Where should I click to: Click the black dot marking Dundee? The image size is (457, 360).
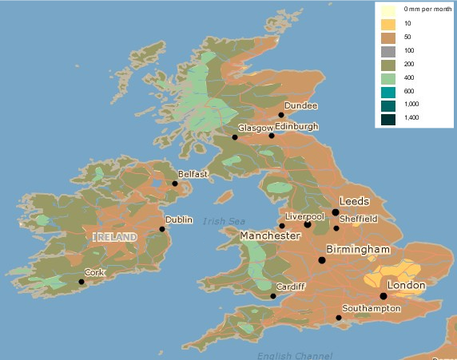click(x=281, y=115)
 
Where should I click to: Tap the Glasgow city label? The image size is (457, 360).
click(x=255, y=128)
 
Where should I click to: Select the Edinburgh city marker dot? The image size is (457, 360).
click(x=272, y=136)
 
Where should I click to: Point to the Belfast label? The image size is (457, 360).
click(x=193, y=173)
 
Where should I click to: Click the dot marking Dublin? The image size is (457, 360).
click(x=162, y=229)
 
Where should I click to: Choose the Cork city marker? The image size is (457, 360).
click(x=81, y=282)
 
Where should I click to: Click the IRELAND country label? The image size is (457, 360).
click(x=115, y=237)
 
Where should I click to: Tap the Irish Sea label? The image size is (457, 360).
click(x=225, y=221)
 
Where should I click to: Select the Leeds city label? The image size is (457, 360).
click(x=355, y=200)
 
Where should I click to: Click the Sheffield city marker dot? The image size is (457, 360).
click(x=336, y=228)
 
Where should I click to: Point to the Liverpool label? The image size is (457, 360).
click(x=304, y=216)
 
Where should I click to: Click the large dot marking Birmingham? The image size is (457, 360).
click(x=322, y=260)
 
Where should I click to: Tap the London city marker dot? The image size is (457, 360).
click(x=383, y=296)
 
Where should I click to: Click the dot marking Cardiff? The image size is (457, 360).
click(x=273, y=296)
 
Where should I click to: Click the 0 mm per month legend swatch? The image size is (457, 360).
click(x=387, y=10)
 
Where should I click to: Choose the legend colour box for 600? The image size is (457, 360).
click(x=387, y=91)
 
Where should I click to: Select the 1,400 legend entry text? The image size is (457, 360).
click(x=412, y=118)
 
